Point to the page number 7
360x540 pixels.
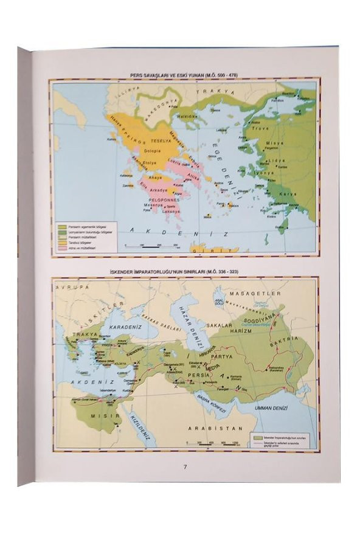click(185, 466)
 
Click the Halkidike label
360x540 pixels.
click(187, 116)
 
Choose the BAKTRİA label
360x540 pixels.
click(302, 338)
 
